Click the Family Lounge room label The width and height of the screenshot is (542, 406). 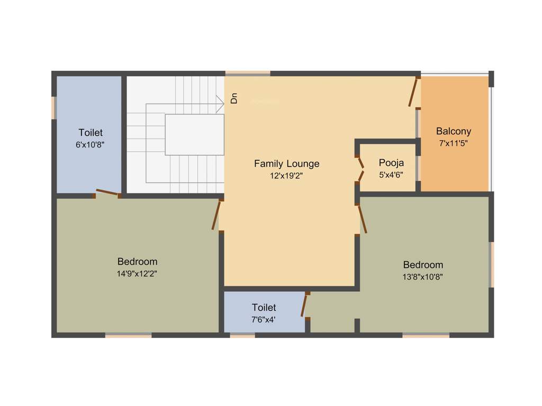click(x=286, y=163)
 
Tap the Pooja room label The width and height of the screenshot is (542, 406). click(x=391, y=162)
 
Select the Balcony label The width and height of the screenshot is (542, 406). click(x=453, y=131)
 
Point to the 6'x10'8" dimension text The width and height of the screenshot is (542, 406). click(x=90, y=144)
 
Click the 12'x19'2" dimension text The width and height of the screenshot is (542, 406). click(x=286, y=176)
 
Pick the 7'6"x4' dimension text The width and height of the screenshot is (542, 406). click(x=264, y=319)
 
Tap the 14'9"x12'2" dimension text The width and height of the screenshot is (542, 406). click(x=137, y=273)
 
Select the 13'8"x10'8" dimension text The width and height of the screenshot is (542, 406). click(x=423, y=276)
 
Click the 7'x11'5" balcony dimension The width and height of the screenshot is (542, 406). click(x=453, y=143)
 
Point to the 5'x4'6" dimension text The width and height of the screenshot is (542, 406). click(x=391, y=173)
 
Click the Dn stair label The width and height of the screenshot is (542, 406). click(x=234, y=98)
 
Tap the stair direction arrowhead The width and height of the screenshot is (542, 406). click(x=220, y=104)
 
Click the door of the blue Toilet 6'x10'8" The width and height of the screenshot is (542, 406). click(x=107, y=193)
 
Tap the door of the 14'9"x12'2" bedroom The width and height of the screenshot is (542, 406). click(x=216, y=215)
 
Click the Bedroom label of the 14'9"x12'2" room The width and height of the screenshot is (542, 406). click(x=137, y=262)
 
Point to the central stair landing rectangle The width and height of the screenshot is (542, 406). click(x=194, y=135)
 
